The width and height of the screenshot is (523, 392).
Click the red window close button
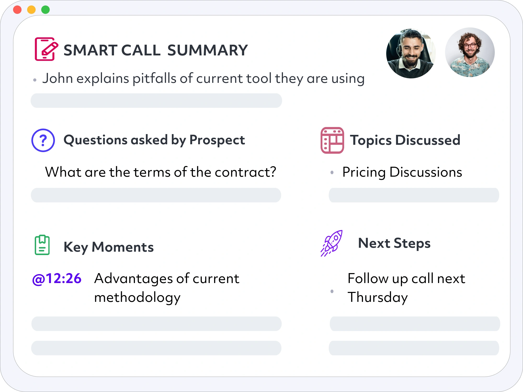(x=17, y=10)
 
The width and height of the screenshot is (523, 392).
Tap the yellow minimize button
(x=31, y=10)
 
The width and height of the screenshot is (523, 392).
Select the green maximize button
(x=46, y=10)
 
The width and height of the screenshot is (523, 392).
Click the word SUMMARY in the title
(x=207, y=50)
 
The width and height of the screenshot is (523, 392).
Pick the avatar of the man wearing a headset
(x=411, y=54)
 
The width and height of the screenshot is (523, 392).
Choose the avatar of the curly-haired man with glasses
(x=470, y=52)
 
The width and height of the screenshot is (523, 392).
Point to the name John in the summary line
(x=58, y=78)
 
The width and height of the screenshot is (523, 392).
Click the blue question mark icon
(x=43, y=140)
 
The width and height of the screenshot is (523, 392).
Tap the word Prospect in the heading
(x=217, y=140)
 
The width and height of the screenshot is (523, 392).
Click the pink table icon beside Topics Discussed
(x=332, y=140)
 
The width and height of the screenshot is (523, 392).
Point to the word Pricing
(x=364, y=172)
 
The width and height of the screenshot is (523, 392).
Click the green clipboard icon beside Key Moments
(x=42, y=245)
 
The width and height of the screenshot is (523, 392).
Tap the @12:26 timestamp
(x=57, y=279)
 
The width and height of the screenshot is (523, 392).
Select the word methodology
(x=137, y=297)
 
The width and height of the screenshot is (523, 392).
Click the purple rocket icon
(x=332, y=243)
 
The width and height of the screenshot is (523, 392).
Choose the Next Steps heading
(x=394, y=243)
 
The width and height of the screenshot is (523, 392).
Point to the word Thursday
(x=378, y=297)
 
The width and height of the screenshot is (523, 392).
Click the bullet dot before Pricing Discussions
(x=332, y=172)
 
